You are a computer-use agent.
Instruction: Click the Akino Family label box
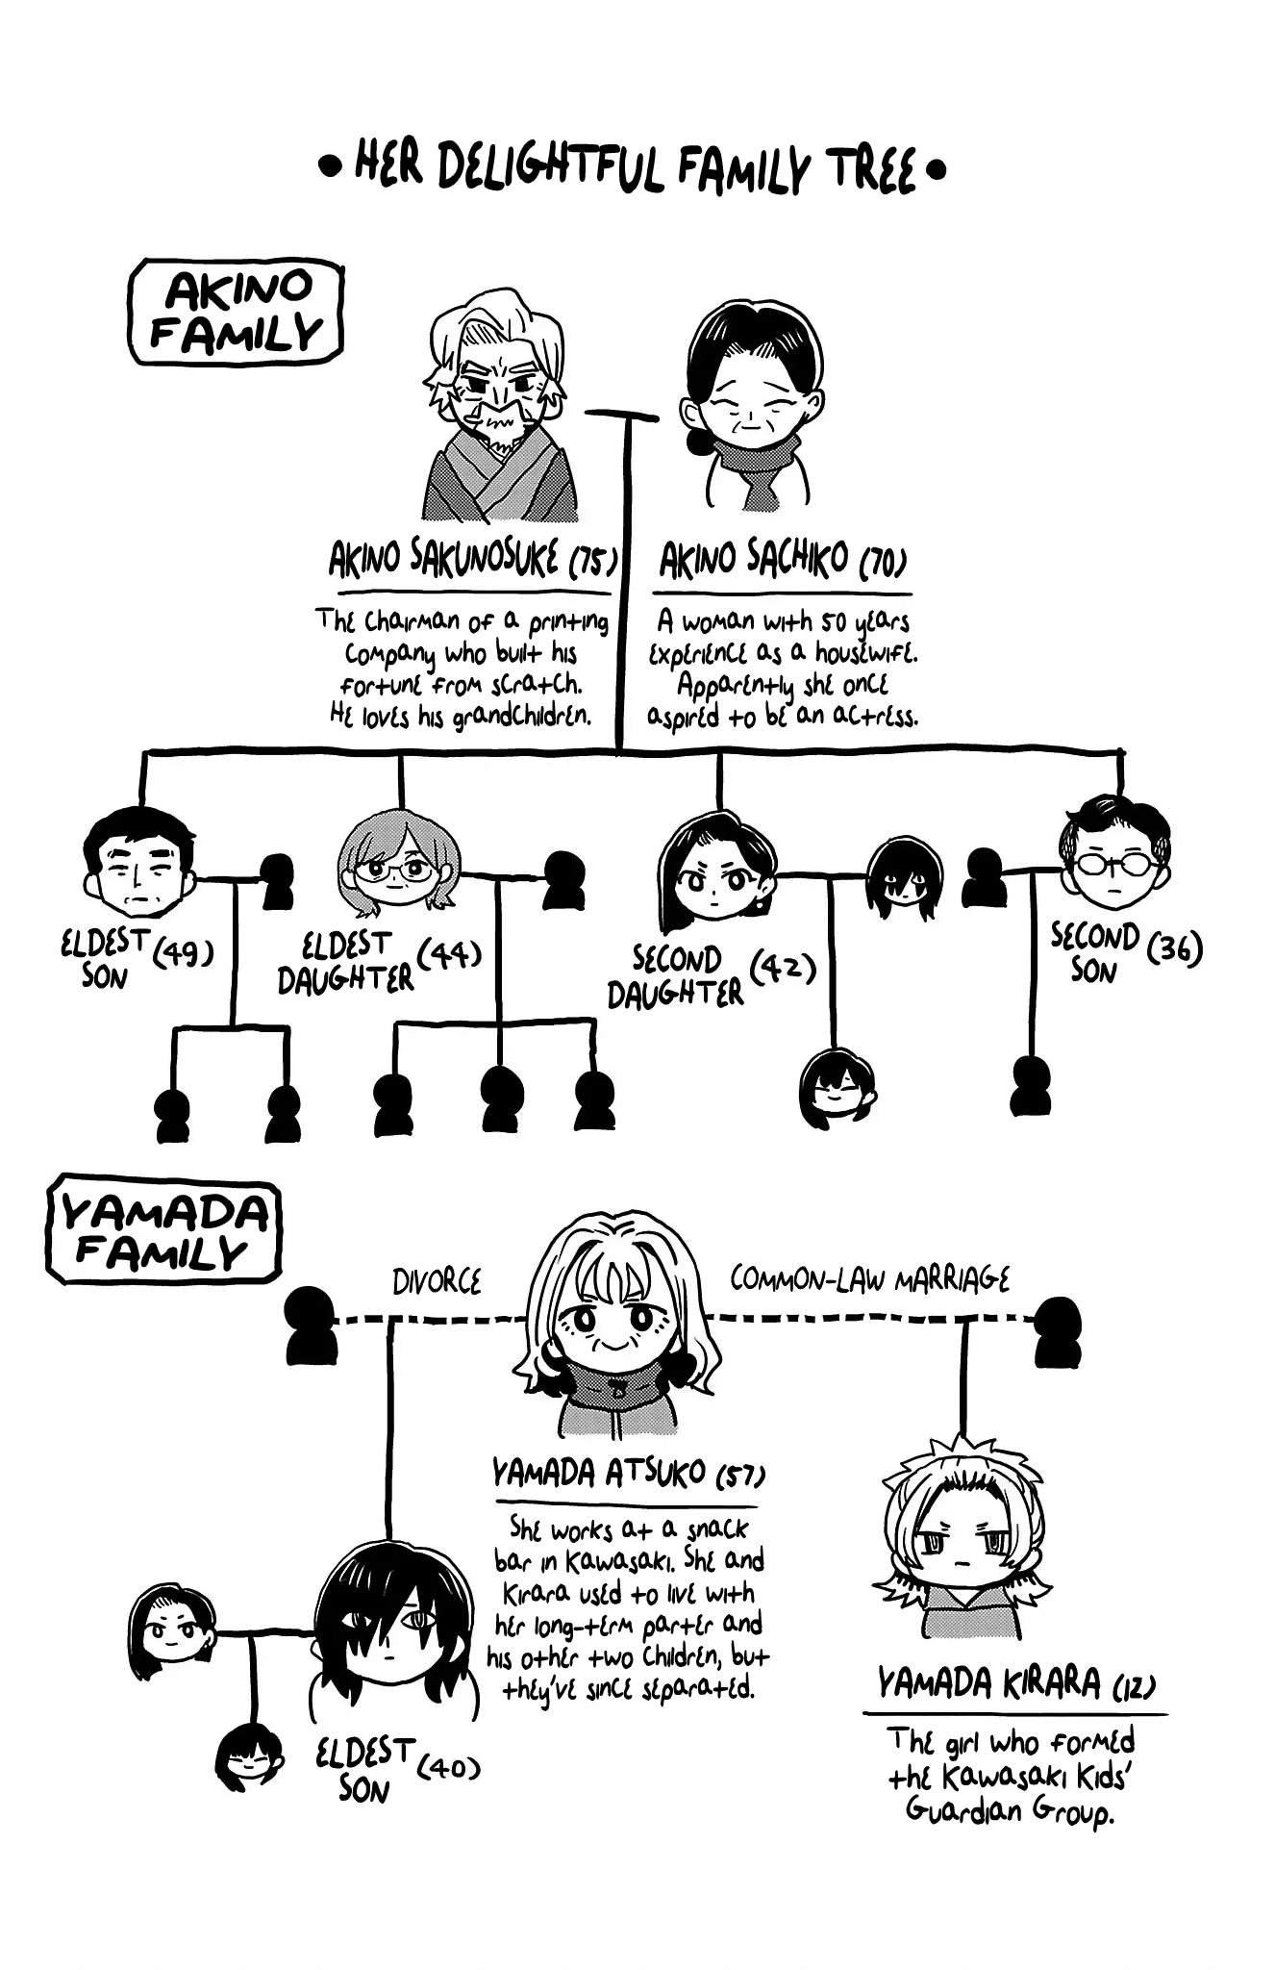coord(237,313)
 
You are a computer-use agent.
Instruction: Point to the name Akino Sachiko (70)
coord(783,560)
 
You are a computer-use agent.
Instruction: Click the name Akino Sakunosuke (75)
coord(472,560)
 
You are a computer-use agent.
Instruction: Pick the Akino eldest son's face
coord(140,863)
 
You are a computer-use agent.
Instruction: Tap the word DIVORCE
coord(437,1282)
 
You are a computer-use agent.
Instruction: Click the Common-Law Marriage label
coord(869,1279)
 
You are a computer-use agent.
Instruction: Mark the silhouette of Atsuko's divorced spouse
coord(311,1326)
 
